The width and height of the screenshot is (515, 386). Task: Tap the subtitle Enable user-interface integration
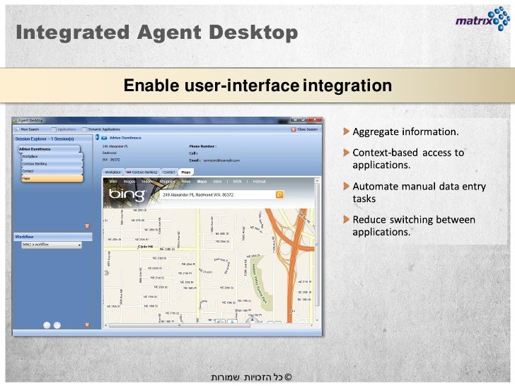[257, 86]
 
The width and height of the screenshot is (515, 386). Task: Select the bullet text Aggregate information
[405, 132]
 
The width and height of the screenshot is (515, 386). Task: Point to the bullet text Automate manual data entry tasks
[419, 192]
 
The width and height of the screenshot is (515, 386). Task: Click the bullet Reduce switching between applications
[413, 226]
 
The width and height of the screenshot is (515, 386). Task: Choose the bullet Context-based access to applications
[408, 158]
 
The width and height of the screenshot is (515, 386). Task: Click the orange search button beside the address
[279, 194]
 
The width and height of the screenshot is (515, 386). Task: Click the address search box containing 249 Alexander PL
[216, 194]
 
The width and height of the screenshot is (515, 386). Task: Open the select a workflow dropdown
[51, 245]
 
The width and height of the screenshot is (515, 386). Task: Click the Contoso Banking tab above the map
[144, 172]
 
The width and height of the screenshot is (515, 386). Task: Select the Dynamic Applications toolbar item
[103, 129]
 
